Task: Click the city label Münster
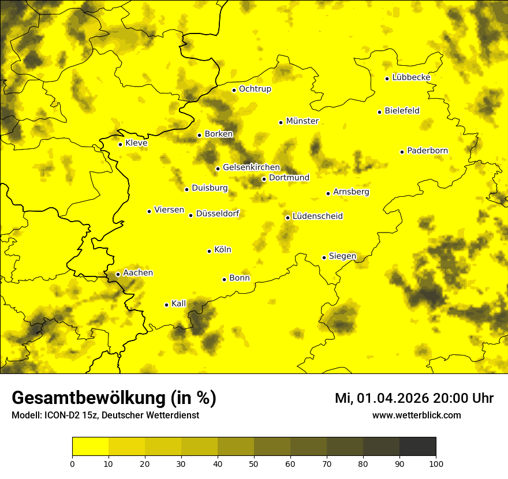pyautogui.click(x=302, y=121)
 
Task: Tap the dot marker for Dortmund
pyautogui.click(x=264, y=179)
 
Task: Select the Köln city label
pyautogui.click(x=223, y=250)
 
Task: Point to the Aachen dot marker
pyautogui.click(x=118, y=274)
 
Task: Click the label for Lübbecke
pyautogui.click(x=411, y=77)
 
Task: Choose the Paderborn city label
pyautogui.click(x=428, y=151)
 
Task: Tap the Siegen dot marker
pyautogui.click(x=324, y=257)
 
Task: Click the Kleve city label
pyautogui.click(x=137, y=143)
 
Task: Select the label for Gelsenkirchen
pyautogui.click(x=251, y=167)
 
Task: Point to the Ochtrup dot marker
pyautogui.click(x=234, y=90)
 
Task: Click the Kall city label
pyautogui.click(x=179, y=304)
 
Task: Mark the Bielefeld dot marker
pyautogui.click(x=379, y=112)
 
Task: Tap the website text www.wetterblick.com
pyautogui.click(x=417, y=416)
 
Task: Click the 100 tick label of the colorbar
pyautogui.click(x=436, y=463)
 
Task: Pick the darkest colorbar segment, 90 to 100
pyautogui.click(x=417, y=447)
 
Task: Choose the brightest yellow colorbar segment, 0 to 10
pyautogui.click(x=90, y=447)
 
